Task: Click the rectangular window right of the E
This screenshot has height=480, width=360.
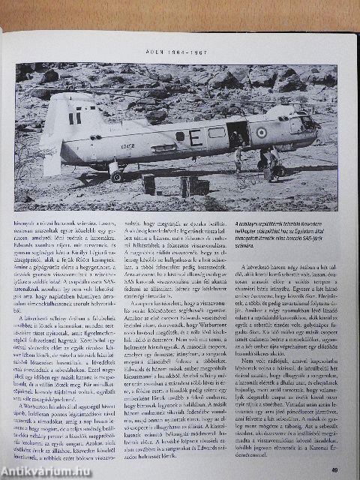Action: pyautogui.click(x=216, y=132)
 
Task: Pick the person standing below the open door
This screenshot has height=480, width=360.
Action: pyautogui.click(x=238, y=160)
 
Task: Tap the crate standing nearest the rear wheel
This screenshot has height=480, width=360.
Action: pyautogui.click(x=148, y=182)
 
